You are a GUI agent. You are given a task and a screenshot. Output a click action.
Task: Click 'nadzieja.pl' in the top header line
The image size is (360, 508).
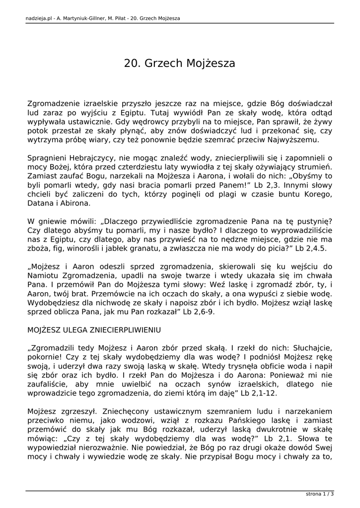coord(37,18)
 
